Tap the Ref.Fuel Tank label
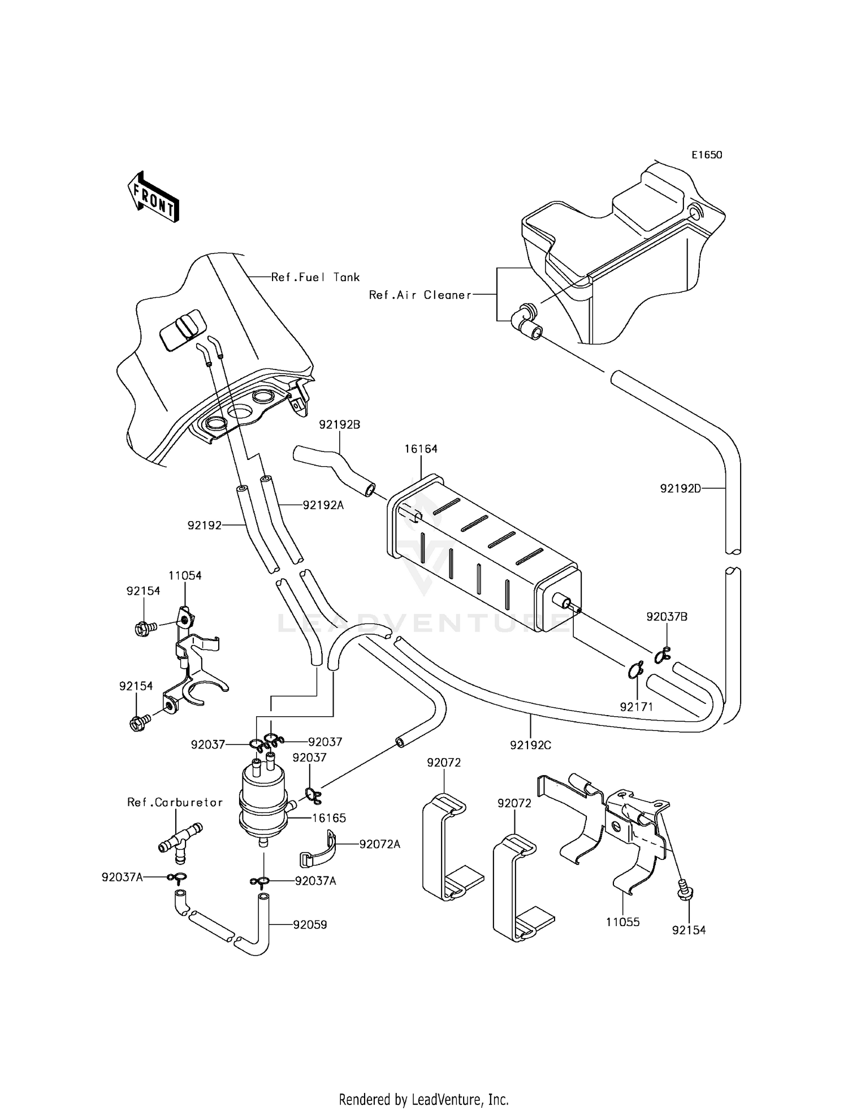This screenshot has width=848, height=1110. coord(315,277)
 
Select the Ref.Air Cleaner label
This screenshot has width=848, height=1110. coord(419,295)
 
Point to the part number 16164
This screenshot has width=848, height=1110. coord(421,449)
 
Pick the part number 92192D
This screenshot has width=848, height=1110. coord(680,488)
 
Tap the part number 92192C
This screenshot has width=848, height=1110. coord(530,746)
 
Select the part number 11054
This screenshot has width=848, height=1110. coord(185,575)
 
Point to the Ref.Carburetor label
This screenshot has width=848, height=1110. coord(175,802)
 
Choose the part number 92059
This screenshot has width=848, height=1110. coord(310,924)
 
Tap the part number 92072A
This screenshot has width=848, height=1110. coord(380,844)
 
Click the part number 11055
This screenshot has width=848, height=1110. coord(622,922)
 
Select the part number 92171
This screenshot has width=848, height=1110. coord(636,707)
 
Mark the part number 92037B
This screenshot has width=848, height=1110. coord(667,617)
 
